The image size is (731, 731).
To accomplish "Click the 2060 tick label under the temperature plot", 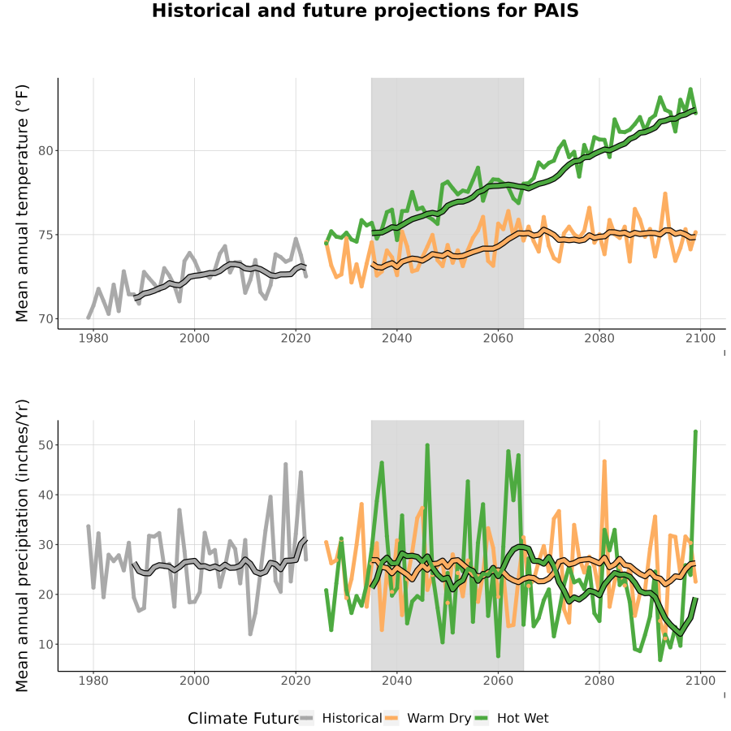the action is (498, 338).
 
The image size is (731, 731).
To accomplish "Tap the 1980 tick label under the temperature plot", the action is (93, 338).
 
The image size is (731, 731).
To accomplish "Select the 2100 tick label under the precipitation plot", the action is (700, 681).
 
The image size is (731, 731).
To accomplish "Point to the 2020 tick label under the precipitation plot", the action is (296, 681).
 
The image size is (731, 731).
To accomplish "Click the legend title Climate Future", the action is (244, 718).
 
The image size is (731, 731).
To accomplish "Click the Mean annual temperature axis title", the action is (22, 203).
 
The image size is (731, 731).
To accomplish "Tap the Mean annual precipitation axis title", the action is (22, 546).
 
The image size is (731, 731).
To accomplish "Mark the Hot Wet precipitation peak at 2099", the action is (695, 432).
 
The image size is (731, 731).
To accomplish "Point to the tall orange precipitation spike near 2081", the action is (604, 461).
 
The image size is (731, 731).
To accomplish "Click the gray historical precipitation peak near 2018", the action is (286, 465).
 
